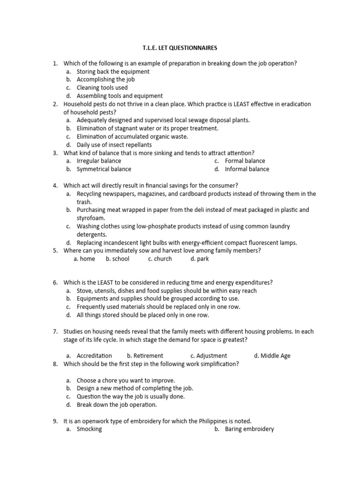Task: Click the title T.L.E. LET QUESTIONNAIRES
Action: pos(180,48)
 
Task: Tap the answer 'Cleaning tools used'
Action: pos(102,88)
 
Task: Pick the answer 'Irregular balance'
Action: pos(98,161)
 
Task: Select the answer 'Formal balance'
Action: pos(245,161)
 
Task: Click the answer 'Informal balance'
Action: pos(247,169)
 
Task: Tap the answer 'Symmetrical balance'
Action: pos(104,169)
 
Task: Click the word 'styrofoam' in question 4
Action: pos(91,218)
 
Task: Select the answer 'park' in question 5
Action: pos(202,259)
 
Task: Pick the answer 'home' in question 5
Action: pos(87,259)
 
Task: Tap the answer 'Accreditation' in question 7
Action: pos(94,356)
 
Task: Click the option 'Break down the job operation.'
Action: pos(117,405)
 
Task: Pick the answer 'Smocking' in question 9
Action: pos(89,429)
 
